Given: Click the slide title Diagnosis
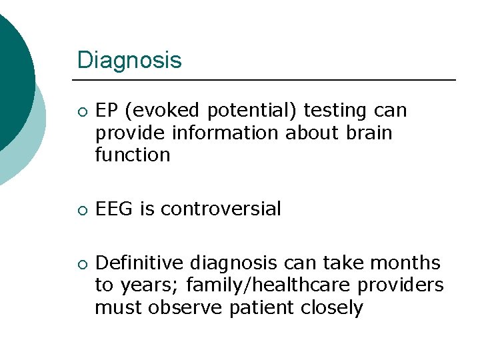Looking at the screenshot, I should pos(129,61).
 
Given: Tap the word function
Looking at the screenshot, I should pos(132,155).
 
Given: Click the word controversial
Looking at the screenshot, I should pos(221,209).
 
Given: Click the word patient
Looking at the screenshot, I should pos(253,307).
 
